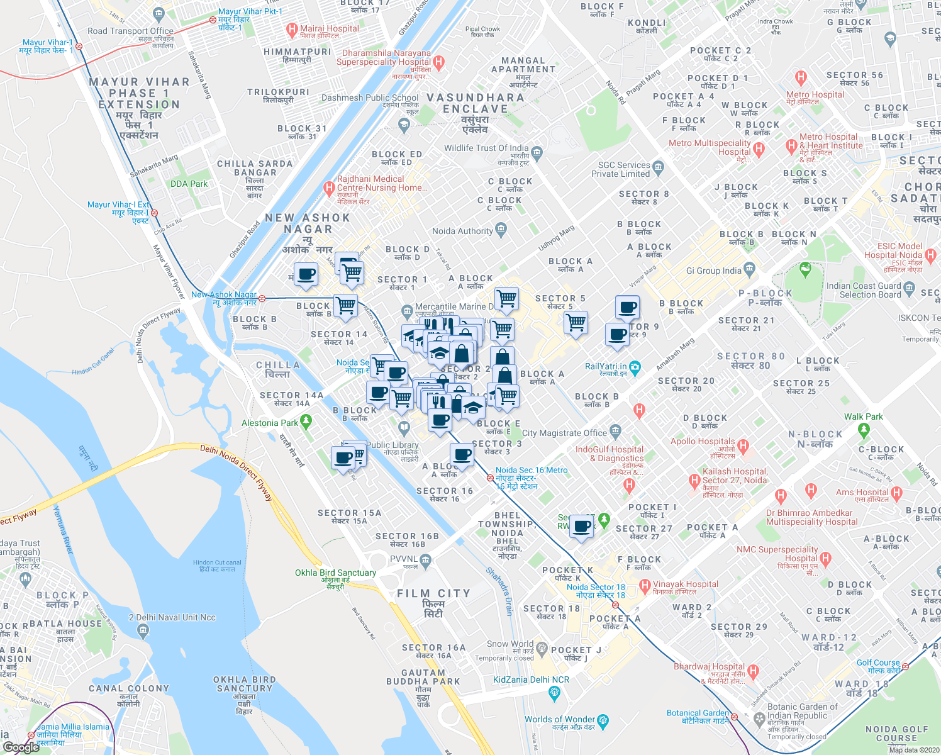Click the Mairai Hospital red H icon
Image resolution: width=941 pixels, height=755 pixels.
point(292,29)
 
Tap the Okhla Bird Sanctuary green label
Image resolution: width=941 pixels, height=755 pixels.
point(335,573)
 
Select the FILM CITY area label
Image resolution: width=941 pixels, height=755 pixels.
point(433,593)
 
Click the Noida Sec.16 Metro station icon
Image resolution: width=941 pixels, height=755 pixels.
point(489,478)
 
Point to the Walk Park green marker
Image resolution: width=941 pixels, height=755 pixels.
point(864,430)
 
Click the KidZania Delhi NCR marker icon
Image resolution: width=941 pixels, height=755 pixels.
point(554,693)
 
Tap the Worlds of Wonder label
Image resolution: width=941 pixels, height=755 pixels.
point(560,719)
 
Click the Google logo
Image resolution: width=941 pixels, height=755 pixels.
point(21,747)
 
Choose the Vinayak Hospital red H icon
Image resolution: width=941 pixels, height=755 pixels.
point(645,586)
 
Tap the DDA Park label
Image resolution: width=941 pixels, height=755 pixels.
point(189,184)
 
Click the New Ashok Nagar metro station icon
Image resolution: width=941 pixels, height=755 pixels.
point(262,298)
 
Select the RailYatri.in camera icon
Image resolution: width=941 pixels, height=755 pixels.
point(635,367)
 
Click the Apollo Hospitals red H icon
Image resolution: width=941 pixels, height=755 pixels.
point(743,447)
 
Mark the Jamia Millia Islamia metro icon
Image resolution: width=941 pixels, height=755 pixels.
point(31,735)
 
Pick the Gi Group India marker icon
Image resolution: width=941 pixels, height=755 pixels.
point(749,269)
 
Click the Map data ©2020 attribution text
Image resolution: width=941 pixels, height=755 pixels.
point(913,749)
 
